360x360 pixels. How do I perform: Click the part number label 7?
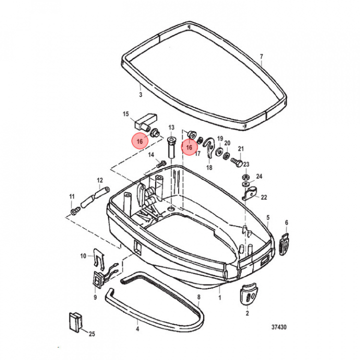(x=261, y=56)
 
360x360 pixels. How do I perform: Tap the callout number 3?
(x=140, y=94)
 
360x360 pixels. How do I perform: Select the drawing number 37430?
(x=279, y=327)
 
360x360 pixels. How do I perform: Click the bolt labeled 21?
(x=236, y=162)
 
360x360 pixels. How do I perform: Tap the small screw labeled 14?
(x=161, y=164)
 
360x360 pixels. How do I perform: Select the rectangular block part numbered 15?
(x=145, y=122)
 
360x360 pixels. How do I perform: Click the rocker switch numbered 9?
(x=97, y=278)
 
